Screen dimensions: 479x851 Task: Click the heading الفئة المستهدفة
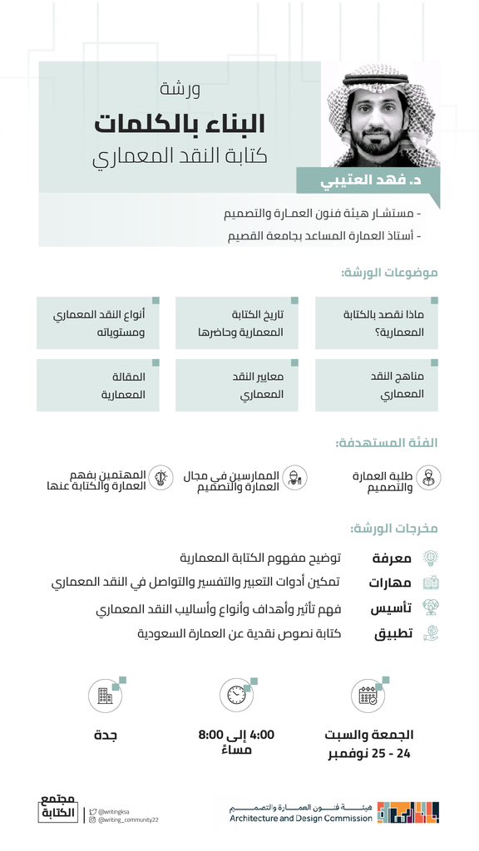pos(387,443)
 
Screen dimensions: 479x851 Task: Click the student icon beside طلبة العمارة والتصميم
pos(429,477)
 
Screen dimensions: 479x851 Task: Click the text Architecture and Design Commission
pos(301,818)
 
